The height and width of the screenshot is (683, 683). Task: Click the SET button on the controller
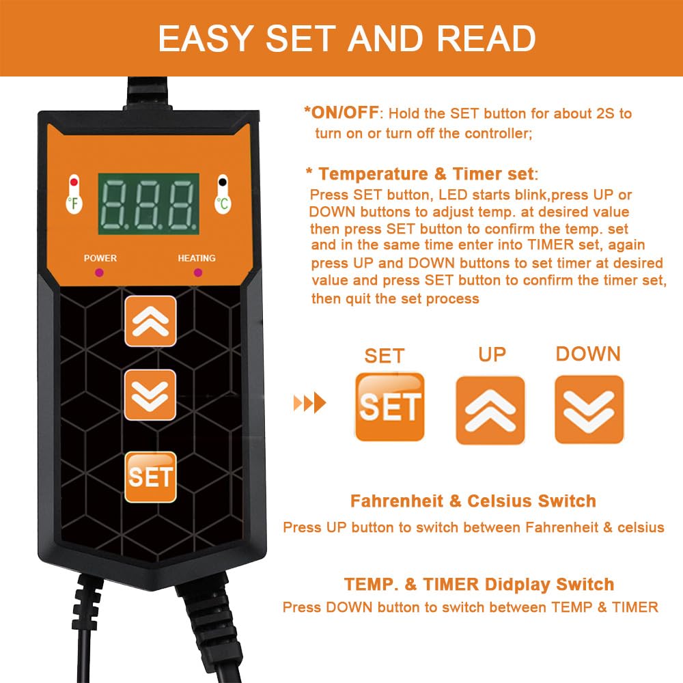150,477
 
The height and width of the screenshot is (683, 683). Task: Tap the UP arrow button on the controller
150,321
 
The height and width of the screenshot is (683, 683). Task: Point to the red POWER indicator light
100,273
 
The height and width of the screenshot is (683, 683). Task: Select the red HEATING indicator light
197,273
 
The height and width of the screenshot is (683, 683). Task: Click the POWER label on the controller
100,258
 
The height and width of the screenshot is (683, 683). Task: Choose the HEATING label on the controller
197,258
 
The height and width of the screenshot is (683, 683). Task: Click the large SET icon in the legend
390,407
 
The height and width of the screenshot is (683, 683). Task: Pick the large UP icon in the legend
490,410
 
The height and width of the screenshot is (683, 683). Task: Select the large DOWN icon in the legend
589,409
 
